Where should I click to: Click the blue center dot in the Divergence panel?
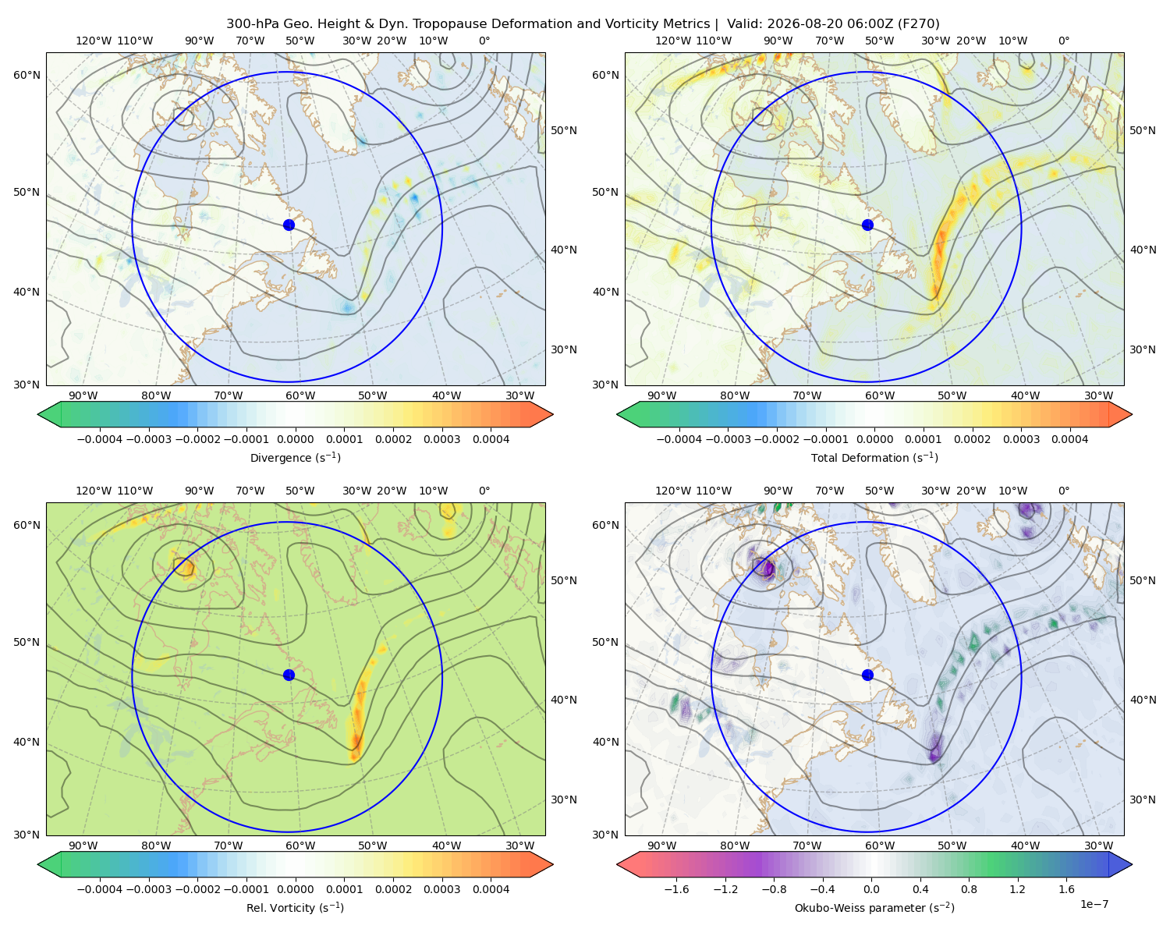click(x=289, y=225)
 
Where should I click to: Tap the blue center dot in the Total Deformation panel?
click(x=867, y=225)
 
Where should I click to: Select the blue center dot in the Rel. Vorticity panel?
click(x=289, y=675)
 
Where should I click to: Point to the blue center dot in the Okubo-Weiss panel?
click(x=867, y=675)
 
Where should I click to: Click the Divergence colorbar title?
click(x=295, y=457)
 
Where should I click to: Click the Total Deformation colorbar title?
click(x=874, y=457)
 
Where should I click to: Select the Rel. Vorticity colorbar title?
click(x=295, y=907)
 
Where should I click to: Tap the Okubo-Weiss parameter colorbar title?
click(x=874, y=907)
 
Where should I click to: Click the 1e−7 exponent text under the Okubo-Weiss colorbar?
click(x=1094, y=904)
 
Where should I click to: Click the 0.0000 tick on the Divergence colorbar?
click(x=295, y=439)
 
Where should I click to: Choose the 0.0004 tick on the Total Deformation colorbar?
click(x=1069, y=439)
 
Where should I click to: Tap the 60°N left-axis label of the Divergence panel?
click(x=27, y=75)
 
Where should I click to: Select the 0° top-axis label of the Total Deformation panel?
click(x=1063, y=41)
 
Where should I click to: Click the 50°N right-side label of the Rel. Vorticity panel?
click(x=564, y=580)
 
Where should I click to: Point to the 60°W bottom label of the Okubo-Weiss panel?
click(x=880, y=846)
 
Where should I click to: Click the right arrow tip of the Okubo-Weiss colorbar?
click(x=1132, y=864)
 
